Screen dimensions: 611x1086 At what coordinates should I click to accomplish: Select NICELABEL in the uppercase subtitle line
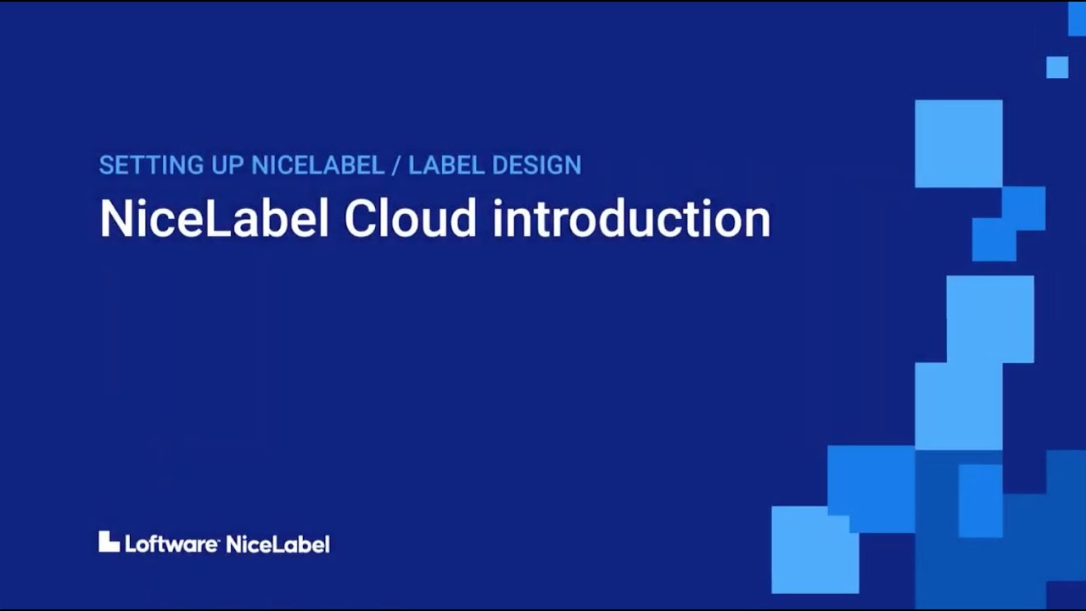[318, 165]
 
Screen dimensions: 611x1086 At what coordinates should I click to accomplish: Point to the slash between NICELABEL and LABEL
[395, 165]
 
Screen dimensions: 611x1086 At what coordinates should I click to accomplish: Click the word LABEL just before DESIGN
[446, 165]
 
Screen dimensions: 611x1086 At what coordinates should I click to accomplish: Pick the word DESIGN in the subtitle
[537, 165]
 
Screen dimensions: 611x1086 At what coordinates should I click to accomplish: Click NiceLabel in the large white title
[213, 219]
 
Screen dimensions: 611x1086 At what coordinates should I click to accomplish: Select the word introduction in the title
[631, 219]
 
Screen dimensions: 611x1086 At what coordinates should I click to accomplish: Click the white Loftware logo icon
[109, 542]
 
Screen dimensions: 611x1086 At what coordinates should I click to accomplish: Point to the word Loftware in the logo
[171, 544]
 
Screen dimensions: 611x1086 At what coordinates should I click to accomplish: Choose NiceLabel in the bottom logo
[277, 544]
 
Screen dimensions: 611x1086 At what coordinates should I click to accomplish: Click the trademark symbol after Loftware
[221, 539]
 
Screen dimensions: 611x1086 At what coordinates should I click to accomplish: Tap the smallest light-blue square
[1057, 67]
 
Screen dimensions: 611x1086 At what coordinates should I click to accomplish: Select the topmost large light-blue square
[958, 143]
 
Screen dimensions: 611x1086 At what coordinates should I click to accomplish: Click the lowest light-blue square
[814, 549]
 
